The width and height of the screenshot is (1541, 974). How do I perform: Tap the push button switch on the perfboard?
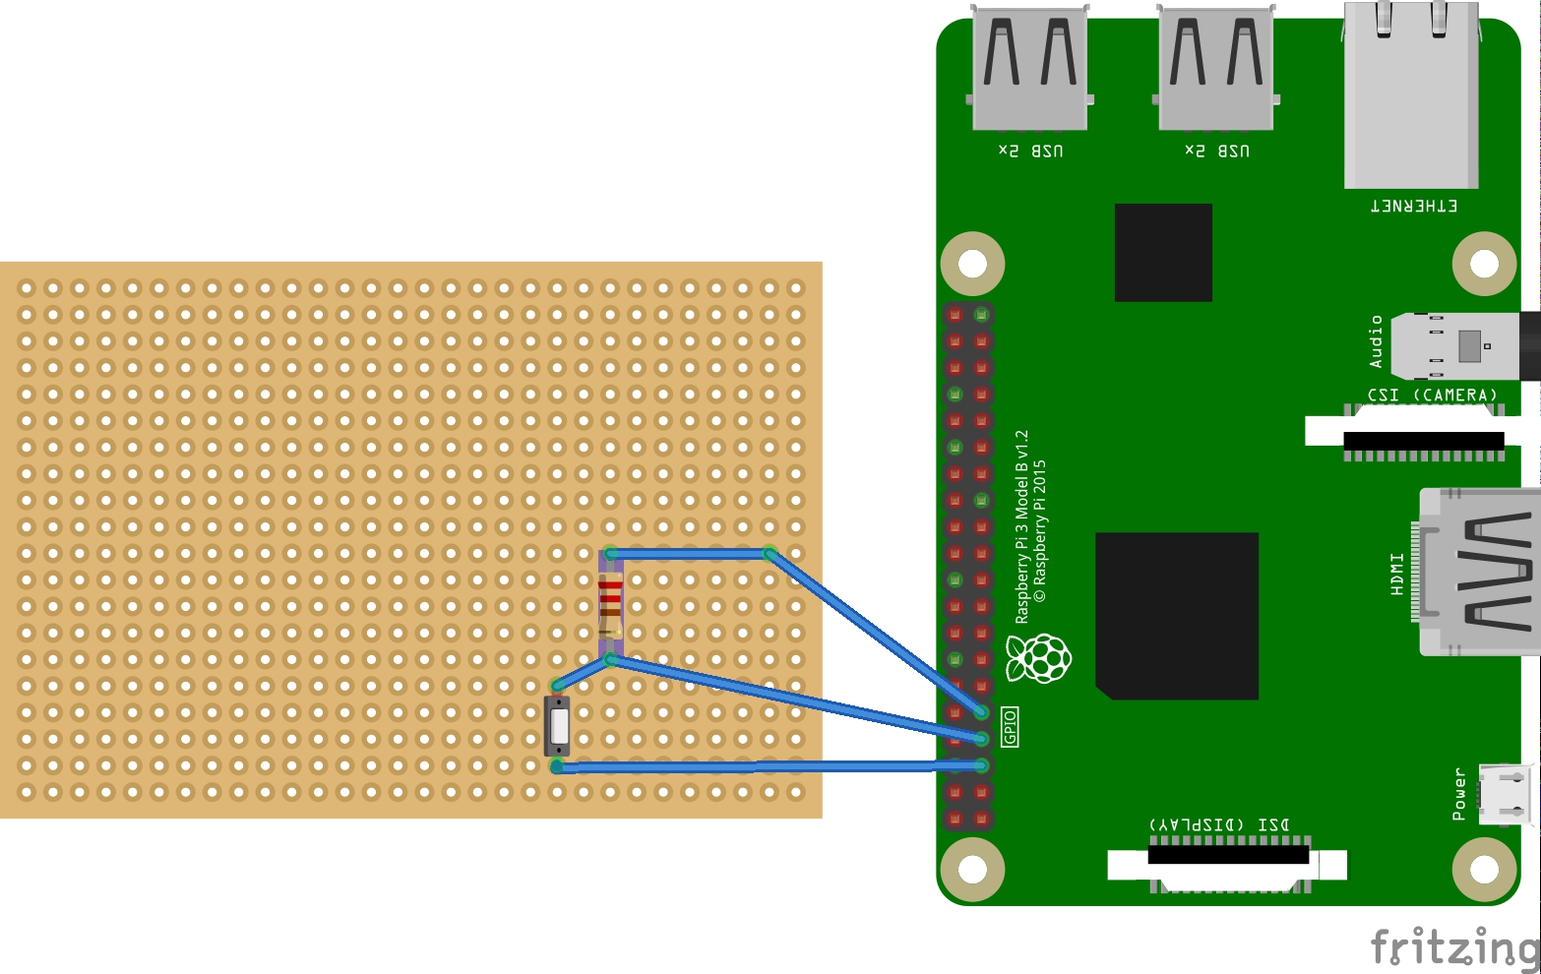click(x=559, y=726)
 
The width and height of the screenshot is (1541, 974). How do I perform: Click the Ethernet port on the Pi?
click(x=1411, y=98)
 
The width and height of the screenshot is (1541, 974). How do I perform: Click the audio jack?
click(x=1466, y=346)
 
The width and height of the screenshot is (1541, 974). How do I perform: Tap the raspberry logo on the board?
click(x=1038, y=659)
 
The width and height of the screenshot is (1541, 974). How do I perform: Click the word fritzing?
click(x=1453, y=946)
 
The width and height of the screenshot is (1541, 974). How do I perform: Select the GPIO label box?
click(x=1010, y=727)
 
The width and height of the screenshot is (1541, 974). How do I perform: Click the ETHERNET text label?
click(x=1414, y=206)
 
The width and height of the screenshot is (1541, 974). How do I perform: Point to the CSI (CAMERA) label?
click(x=1432, y=396)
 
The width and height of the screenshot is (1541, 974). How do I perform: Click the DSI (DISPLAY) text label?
click(x=1218, y=824)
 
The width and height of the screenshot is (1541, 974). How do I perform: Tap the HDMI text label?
click(x=1397, y=574)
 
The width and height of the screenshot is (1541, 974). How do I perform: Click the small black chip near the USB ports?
click(x=1163, y=253)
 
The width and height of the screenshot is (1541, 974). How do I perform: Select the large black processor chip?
click(x=1177, y=616)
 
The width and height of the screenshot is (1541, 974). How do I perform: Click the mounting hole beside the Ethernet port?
click(x=1484, y=264)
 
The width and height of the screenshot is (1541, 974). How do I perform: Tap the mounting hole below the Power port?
click(x=1484, y=870)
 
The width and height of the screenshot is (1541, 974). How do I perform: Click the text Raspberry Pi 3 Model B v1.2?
click(x=1021, y=526)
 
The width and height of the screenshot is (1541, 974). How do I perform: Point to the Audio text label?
click(x=1376, y=341)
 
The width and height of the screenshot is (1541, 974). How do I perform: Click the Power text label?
click(x=1459, y=794)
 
